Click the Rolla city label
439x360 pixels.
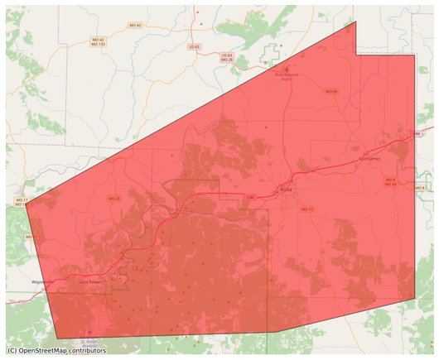click(x=287, y=190)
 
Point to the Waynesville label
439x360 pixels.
click(x=41, y=281)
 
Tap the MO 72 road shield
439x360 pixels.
click(x=307, y=209)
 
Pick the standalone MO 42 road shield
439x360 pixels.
click(x=135, y=26)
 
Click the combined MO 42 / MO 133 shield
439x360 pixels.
click(x=98, y=41)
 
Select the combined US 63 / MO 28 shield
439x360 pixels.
click(x=227, y=59)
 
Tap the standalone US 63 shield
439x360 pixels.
click(x=194, y=47)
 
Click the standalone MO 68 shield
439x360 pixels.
click(x=331, y=91)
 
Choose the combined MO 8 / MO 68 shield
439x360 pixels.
click(x=389, y=181)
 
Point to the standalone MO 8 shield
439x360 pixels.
click(x=419, y=189)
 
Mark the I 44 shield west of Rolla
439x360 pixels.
click(x=248, y=198)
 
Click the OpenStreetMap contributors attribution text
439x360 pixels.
click(x=56, y=351)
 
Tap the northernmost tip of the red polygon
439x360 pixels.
click(x=356, y=21)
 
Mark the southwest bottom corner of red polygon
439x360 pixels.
click(x=58, y=338)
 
